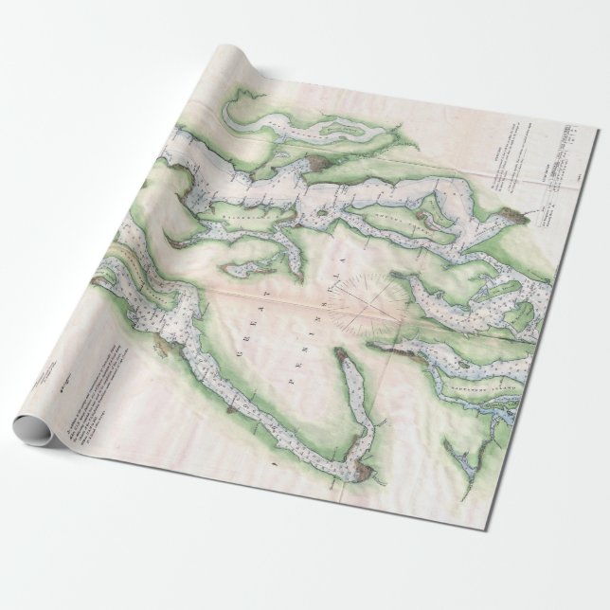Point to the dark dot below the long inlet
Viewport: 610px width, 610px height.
272,464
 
